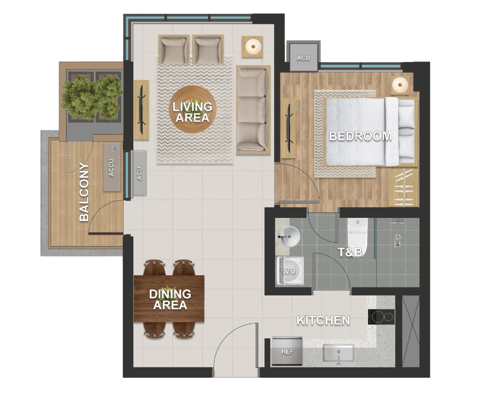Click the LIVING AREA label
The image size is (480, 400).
(x=192, y=112)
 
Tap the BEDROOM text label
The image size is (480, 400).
(x=360, y=136)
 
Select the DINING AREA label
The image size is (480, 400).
(x=170, y=300)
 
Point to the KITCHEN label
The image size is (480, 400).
(x=323, y=320)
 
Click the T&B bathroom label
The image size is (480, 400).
(x=350, y=253)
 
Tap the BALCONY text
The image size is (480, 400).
(x=84, y=192)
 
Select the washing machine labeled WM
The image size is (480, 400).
(x=289, y=271)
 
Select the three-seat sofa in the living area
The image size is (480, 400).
(x=253, y=110)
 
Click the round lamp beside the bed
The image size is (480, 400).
(x=400, y=84)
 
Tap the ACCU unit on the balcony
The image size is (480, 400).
(x=112, y=167)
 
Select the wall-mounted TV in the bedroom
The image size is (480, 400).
(x=289, y=128)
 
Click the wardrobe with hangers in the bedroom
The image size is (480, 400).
(x=404, y=188)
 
